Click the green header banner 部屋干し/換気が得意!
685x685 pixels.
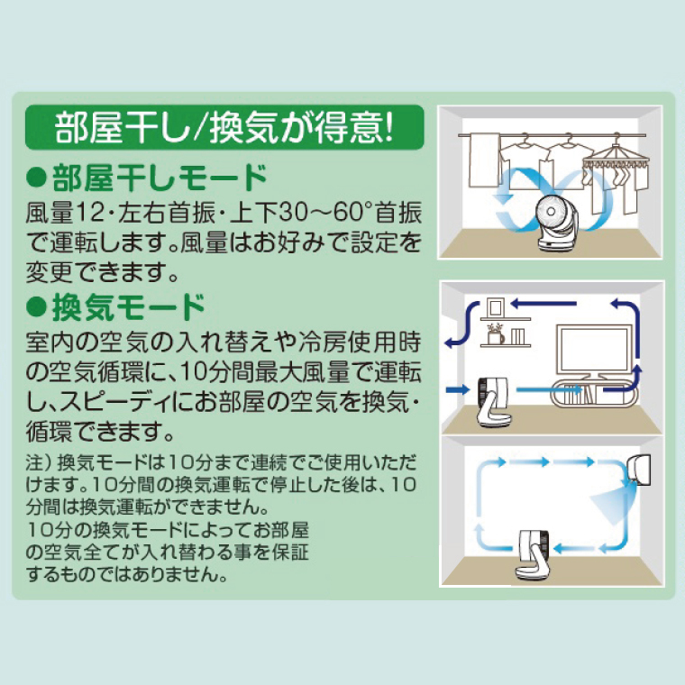[x=224, y=127]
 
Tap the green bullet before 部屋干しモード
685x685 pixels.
[x=36, y=178]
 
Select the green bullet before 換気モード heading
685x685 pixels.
[x=36, y=306]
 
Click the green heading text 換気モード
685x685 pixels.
[x=128, y=307]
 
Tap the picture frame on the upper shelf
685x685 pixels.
[x=495, y=307]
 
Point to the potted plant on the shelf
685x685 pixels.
[x=496, y=334]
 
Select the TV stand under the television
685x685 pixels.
[x=595, y=394]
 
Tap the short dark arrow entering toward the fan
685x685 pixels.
[x=457, y=388]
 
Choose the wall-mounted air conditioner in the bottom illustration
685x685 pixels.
[x=639, y=469]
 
